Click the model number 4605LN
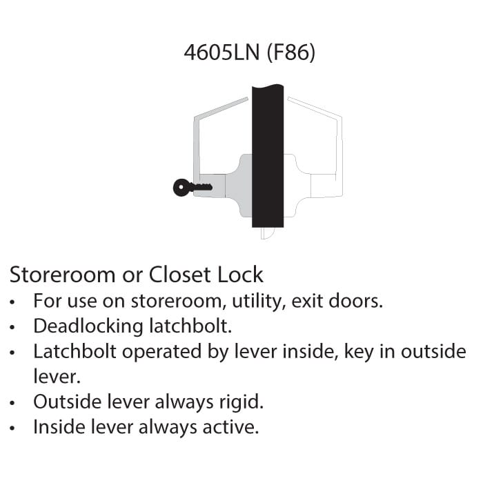point(221,52)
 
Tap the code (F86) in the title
point(290,52)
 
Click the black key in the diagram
point(193,188)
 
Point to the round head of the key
point(181,188)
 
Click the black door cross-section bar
point(268,156)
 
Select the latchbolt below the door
point(267,233)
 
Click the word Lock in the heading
point(240,275)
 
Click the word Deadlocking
point(88,327)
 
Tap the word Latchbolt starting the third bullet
point(75,351)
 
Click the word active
point(230,428)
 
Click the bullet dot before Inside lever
point(12,428)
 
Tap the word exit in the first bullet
point(306,301)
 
